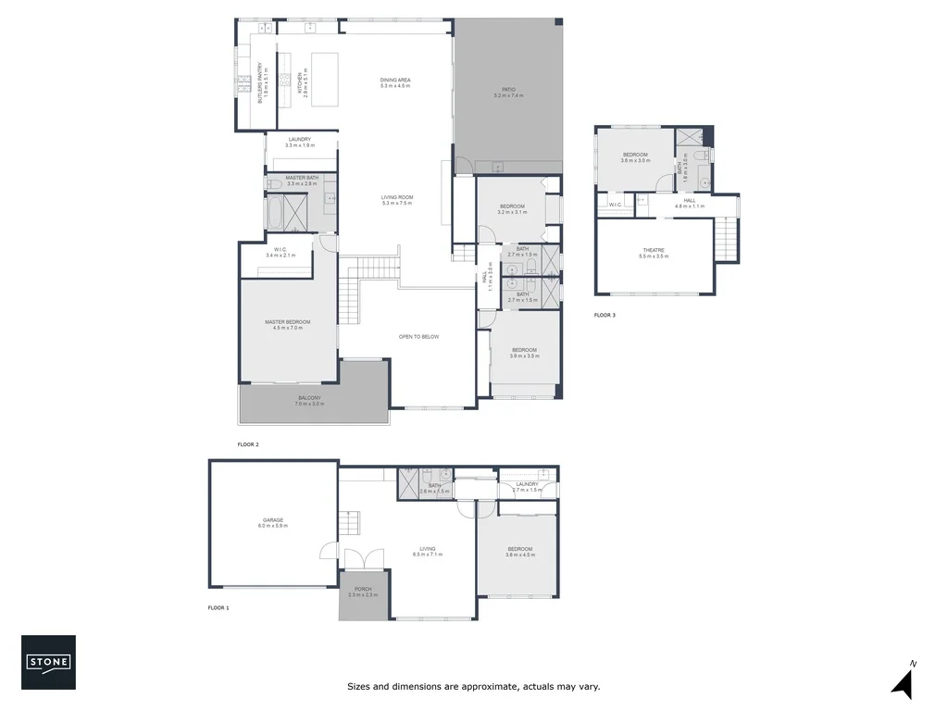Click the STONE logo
48,662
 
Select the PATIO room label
508,93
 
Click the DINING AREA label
395,83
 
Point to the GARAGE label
272,523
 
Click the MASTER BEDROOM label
287,324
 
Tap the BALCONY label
309,402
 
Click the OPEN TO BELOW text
418,337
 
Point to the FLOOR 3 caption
605,316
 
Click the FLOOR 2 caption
247,444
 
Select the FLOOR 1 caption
218,608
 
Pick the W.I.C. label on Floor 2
280,253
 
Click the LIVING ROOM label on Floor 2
396,200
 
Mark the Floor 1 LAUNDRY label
527,486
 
